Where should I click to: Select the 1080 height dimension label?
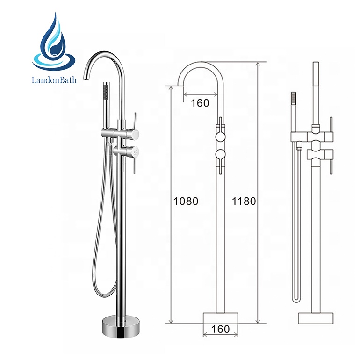click(x=186, y=201)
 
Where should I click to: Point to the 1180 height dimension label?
click(x=244, y=201)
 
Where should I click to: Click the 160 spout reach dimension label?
click(x=200, y=103)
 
